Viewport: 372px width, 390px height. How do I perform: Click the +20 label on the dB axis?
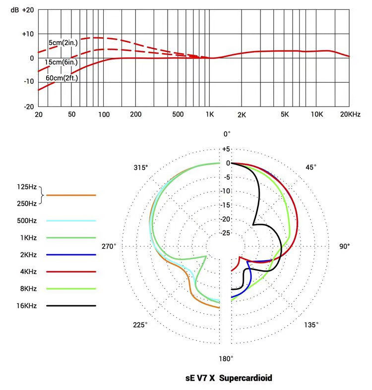point(28,10)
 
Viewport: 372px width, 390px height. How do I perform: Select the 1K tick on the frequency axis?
point(210,114)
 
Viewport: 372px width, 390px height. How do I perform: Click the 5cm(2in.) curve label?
point(62,43)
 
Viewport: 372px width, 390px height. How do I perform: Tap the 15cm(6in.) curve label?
point(60,62)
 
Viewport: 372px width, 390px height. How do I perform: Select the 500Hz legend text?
point(26,220)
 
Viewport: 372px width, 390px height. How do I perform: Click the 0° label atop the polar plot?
point(227,134)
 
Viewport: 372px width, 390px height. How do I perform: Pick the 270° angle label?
point(109,246)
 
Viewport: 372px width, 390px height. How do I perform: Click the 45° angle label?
point(310,167)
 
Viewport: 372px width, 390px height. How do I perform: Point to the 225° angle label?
point(140,325)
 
